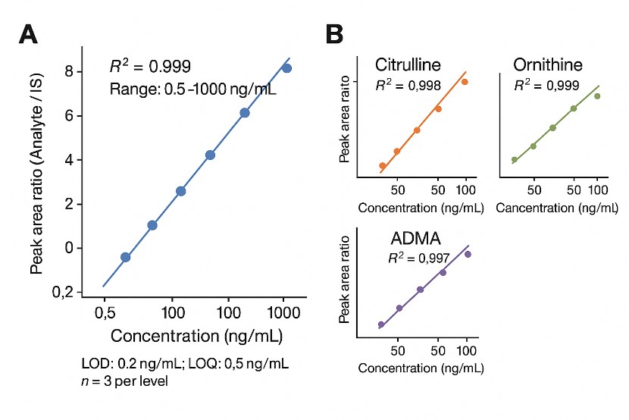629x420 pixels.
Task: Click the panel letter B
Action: click(335, 36)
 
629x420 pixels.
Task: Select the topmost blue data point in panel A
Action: click(286, 68)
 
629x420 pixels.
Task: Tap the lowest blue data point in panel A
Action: click(126, 257)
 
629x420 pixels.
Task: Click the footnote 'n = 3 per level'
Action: click(124, 381)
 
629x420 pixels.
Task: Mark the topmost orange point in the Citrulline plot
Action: click(465, 82)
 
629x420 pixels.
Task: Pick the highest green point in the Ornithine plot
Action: click(597, 96)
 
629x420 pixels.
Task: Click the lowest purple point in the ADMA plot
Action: click(381, 324)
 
